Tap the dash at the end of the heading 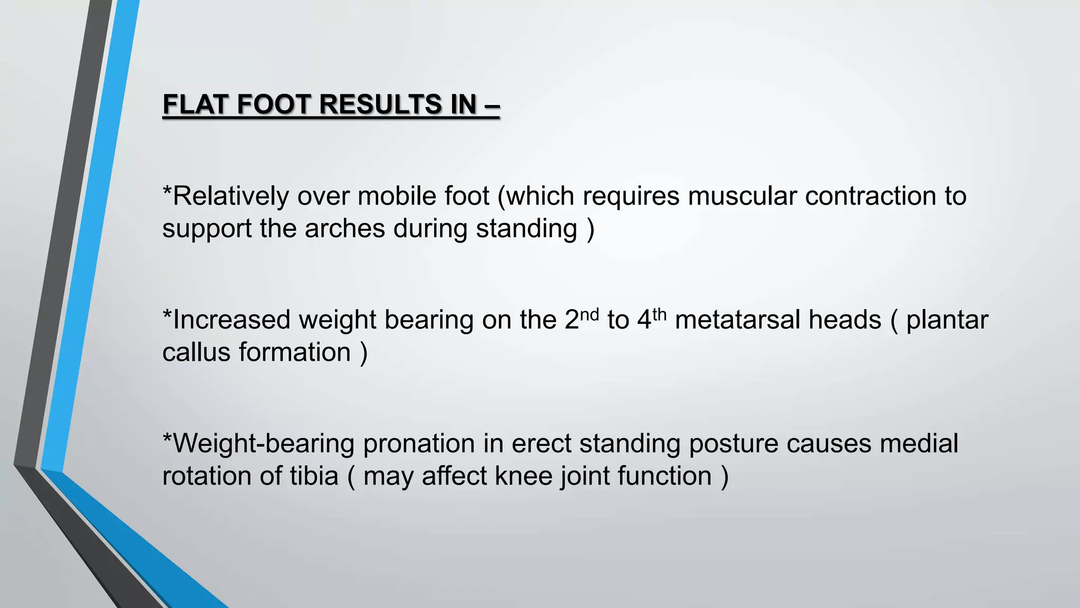491,104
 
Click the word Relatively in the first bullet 230,196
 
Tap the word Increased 232,320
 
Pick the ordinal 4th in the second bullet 652,319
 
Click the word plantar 947,321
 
